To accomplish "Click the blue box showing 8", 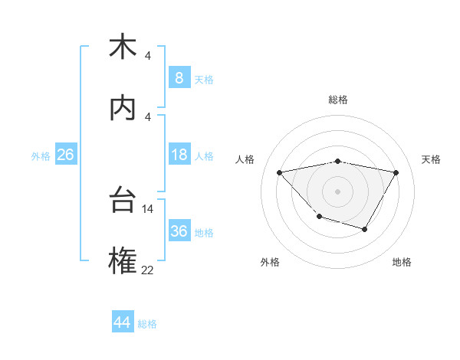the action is click(179, 78).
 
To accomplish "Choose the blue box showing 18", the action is click(179, 155).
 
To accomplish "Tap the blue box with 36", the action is click(179, 231).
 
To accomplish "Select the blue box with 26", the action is click(65, 155).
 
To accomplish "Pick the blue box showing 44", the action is click(122, 322).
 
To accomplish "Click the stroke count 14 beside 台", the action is click(148, 208).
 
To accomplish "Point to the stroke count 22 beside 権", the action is click(148, 269).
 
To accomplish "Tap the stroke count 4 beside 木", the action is click(148, 56).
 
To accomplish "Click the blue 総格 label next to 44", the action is click(147, 324).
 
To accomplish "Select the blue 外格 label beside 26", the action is click(41, 156).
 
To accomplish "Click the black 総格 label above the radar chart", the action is click(338, 100).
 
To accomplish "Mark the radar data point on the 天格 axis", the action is click(396, 173).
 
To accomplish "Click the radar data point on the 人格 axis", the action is click(280, 172).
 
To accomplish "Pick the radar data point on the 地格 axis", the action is click(365, 229).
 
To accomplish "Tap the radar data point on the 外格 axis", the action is click(320, 217).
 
